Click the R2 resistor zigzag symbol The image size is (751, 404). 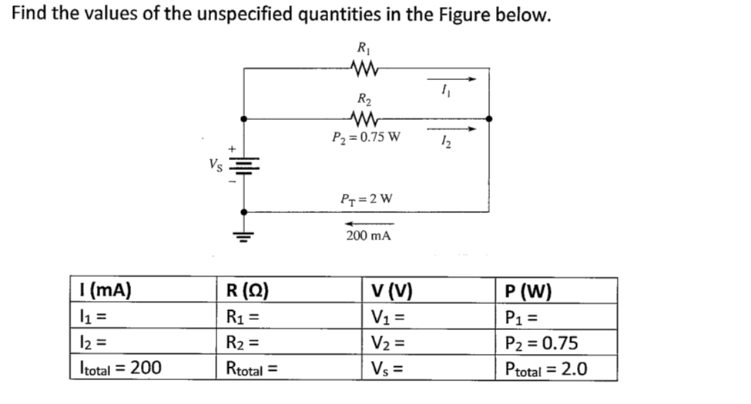point(362,119)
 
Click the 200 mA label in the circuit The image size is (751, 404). point(368,236)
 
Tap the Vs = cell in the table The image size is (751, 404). point(388,369)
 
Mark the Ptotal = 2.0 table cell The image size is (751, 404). point(546,368)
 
